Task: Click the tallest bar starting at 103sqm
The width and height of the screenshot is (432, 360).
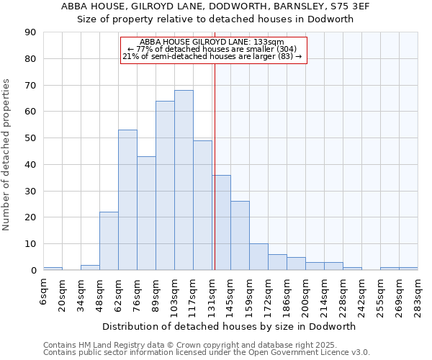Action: point(184,180)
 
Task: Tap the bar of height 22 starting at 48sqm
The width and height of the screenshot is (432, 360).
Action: point(109,240)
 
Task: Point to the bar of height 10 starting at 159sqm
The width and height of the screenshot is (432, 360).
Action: point(258,257)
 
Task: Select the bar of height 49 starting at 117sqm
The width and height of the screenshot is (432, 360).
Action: point(202,205)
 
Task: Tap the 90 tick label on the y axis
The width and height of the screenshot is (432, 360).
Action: point(30,32)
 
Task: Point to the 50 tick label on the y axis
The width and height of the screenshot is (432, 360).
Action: point(30,138)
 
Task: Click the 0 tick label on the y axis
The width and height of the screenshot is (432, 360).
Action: point(33,270)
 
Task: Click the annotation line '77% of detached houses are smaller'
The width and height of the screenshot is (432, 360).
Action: point(213,49)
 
